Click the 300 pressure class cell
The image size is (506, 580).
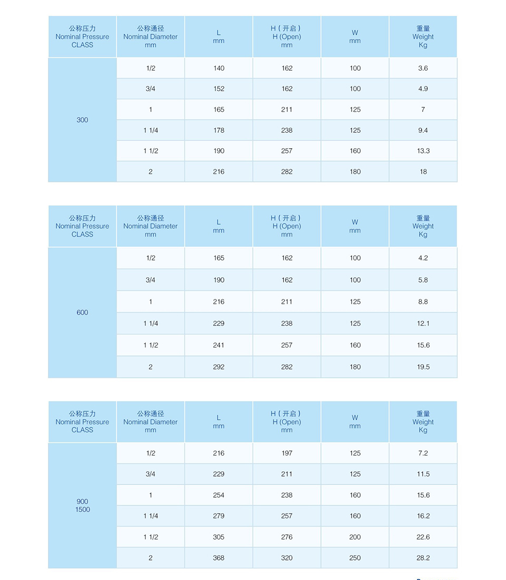82,120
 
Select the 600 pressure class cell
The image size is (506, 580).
82,312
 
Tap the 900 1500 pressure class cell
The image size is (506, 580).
82,505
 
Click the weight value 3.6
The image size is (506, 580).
423,68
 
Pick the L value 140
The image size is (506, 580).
219,68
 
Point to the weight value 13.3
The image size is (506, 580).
423,151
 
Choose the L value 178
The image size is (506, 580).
219,130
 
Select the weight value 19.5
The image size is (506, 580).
423,367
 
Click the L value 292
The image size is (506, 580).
219,367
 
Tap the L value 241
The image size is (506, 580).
219,345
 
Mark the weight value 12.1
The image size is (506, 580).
423,323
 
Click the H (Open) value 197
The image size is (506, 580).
287,453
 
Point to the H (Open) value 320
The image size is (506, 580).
287,558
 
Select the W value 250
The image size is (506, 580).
355,558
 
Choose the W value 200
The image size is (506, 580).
355,537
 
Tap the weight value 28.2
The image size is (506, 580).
423,558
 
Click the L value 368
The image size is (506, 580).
219,558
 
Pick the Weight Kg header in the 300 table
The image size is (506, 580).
423,37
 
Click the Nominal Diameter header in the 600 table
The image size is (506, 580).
150,226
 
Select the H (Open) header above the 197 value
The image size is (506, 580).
287,422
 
